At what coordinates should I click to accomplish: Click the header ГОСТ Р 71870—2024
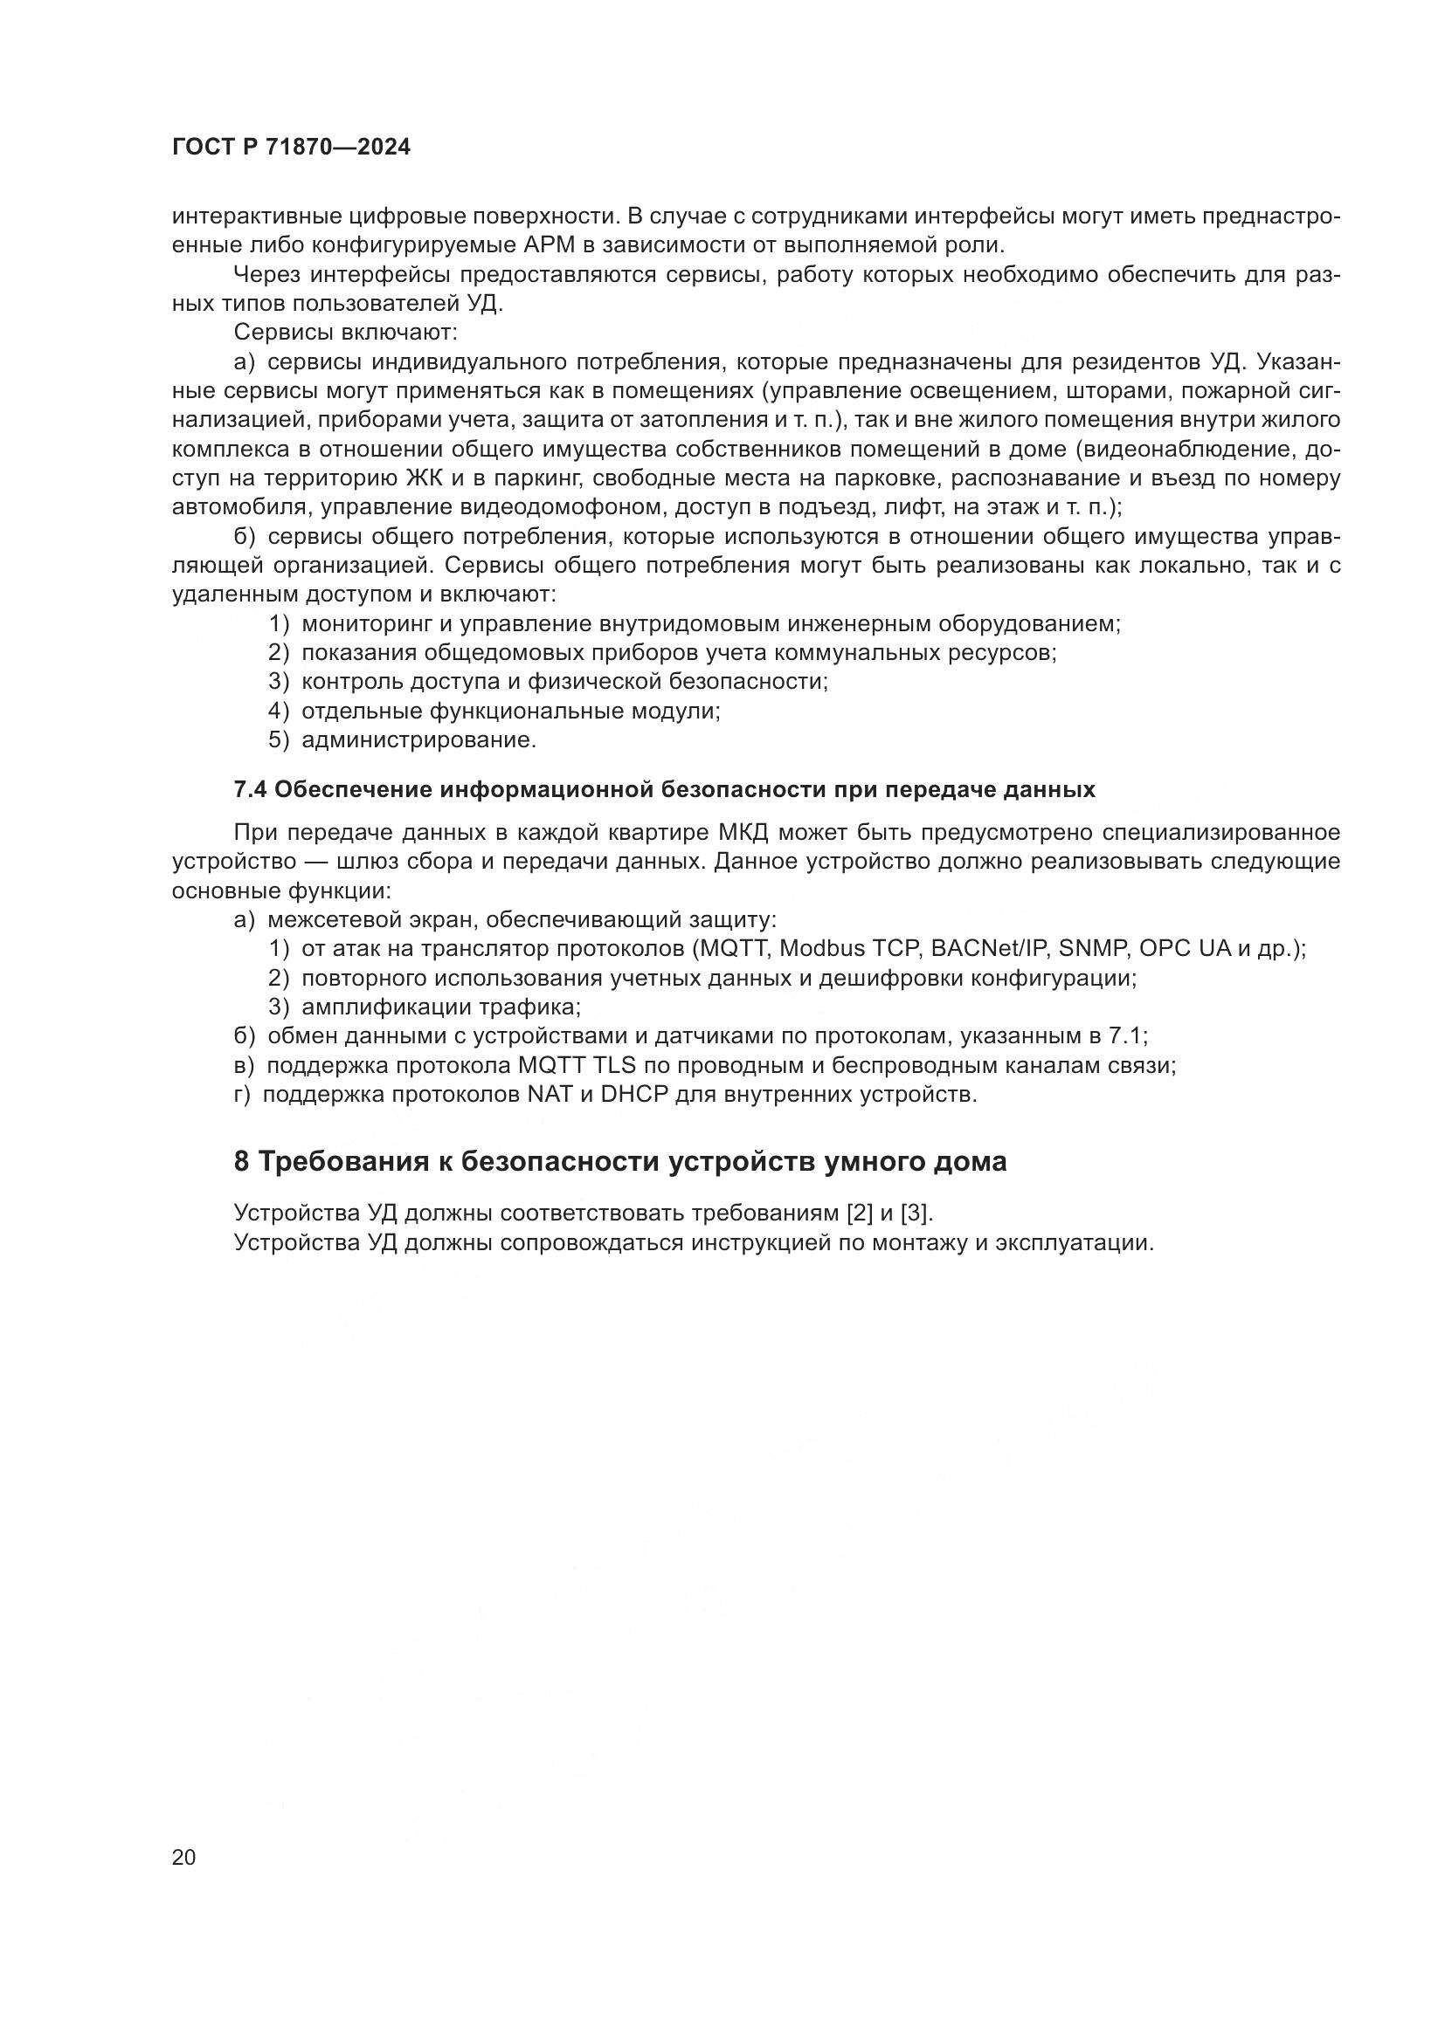pos(291,148)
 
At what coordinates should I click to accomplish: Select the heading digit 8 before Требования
pos(241,1161)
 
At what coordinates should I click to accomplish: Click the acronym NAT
pos(550,1094)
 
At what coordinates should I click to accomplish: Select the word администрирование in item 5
pos(418,740)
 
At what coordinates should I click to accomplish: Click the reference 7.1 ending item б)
pos(1127,1036)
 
